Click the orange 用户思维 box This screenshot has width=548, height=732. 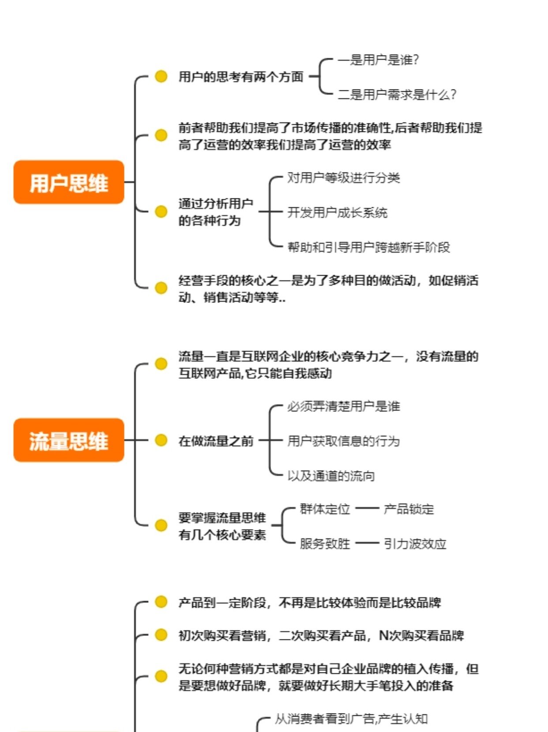click(69, 182)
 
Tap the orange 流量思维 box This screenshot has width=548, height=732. click(69, 440)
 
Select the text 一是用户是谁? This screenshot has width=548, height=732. click(378, 60)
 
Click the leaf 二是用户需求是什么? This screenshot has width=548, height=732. click(397, 94)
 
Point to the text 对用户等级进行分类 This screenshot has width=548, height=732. click(344, 178)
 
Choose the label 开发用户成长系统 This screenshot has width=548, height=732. click(338, 213)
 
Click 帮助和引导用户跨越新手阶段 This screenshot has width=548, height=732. click(369, 247)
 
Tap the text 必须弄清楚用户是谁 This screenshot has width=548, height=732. click(344, 406)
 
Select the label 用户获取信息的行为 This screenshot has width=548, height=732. click(344, 441)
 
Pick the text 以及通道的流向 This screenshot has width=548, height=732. click(331, 476)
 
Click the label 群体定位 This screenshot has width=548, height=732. click(325, 509)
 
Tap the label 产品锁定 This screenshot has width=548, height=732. click(409, 509)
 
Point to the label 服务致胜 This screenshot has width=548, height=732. click(325, 543)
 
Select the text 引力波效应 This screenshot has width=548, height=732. click(415, 543)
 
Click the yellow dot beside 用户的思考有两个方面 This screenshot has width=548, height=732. click(161, 76)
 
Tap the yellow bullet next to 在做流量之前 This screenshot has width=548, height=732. click(161, 440)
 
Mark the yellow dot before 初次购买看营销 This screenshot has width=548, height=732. click(161, 635)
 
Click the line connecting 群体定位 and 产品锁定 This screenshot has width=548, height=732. click(367, 508)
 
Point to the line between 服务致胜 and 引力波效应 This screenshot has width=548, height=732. click(367, 543)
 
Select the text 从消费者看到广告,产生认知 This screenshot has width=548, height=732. click(351, 719)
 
